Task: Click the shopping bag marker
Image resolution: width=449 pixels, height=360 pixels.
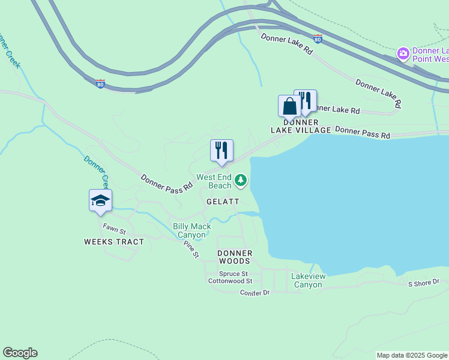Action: (289, 107)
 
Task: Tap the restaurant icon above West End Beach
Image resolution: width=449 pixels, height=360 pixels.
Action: (221, 151)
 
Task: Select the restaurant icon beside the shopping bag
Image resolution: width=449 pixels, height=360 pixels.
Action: (306, 100)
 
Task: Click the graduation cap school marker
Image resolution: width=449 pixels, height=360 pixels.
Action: (100, 200)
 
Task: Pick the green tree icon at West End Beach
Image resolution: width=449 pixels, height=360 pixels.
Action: (241, 179)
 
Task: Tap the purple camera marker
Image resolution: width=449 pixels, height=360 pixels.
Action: (403, 54)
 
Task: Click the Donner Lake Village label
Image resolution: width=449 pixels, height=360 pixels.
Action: (300, 126)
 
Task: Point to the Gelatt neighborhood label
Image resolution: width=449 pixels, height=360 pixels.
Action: (223, 202)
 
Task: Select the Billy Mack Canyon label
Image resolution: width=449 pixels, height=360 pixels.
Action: (192, 230)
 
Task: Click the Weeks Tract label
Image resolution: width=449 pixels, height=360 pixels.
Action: (114, 242)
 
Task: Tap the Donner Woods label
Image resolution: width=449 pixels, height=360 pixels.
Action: (235, 257)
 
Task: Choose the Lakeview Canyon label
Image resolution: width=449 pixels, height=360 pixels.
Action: (308, 280)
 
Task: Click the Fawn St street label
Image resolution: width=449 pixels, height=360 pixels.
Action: (114, 229)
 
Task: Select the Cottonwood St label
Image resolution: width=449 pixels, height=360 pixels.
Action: (230, 281)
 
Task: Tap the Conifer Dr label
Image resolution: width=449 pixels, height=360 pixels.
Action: (255, 293)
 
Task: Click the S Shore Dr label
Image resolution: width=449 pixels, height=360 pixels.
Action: (424, 282)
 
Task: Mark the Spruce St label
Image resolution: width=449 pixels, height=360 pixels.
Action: (232, 274)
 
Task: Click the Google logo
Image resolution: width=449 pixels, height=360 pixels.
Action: (20, 353)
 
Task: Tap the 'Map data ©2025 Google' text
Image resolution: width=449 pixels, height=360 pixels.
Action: (412, 355)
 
